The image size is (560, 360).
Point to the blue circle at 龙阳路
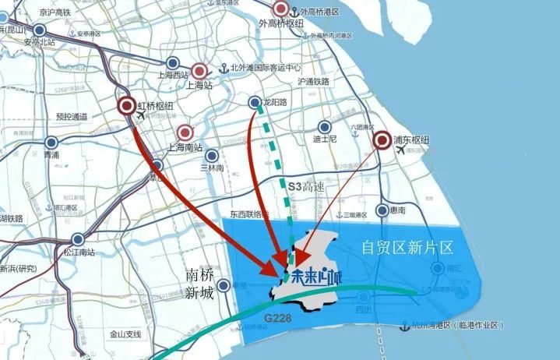[255, 102]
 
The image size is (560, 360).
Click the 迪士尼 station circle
[323, 126]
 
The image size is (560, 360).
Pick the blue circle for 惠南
[382, 210]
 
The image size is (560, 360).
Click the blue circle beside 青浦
[51, 143]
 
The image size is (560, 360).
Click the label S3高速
[305, 187]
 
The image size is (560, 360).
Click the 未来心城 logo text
[316, 274]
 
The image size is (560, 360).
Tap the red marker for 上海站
[199, 71]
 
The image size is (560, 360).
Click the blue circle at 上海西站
[174, 64]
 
